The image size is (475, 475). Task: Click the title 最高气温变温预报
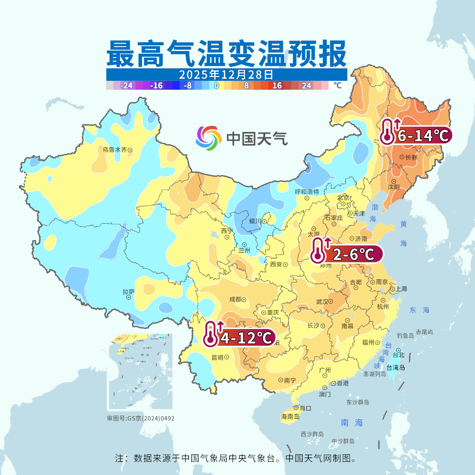(226, 54)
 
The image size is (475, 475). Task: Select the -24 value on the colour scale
(127, 86)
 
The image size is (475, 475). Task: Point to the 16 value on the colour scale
(277, 86)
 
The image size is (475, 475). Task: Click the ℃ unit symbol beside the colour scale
(337, 85)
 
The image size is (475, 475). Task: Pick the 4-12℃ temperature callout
(240, 338)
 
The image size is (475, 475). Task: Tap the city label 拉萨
(128, 292)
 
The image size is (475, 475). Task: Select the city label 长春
(411, 157)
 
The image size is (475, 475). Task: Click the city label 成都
(235, 300)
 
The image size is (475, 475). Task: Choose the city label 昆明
(218, 358)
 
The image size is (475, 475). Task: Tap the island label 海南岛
(290, 416)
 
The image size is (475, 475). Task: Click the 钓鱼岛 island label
(405, 336)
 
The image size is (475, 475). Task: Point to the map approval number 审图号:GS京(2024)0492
(141, 418)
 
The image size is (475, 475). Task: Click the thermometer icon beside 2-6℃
(318, 250)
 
